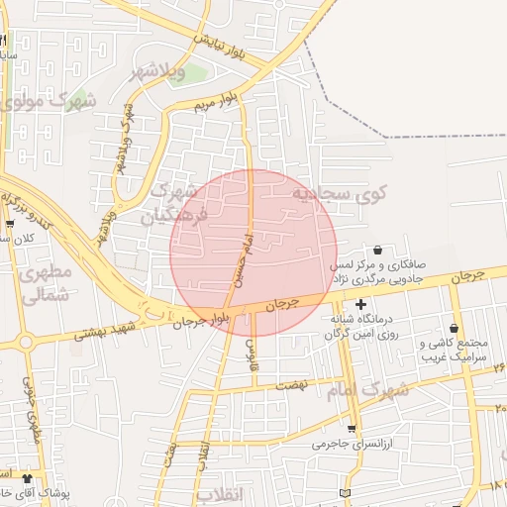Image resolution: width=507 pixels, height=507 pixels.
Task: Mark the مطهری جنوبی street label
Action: pyautogui.click(x=37, y=415)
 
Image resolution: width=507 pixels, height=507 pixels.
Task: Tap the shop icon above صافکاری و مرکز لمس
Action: pyautogui.click(x=378, y=250)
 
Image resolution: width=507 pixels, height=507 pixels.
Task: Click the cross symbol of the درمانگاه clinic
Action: pyautogui.click(x=360, y=305)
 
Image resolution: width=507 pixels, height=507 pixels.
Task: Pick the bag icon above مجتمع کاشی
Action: pyautogui.click(x=455, y=328)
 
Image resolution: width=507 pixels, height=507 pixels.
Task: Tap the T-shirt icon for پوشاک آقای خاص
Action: pyautogui.click(x=26, y=477)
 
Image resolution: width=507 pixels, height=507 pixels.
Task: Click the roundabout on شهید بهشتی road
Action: pyautogui.click(x=26, y=343)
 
